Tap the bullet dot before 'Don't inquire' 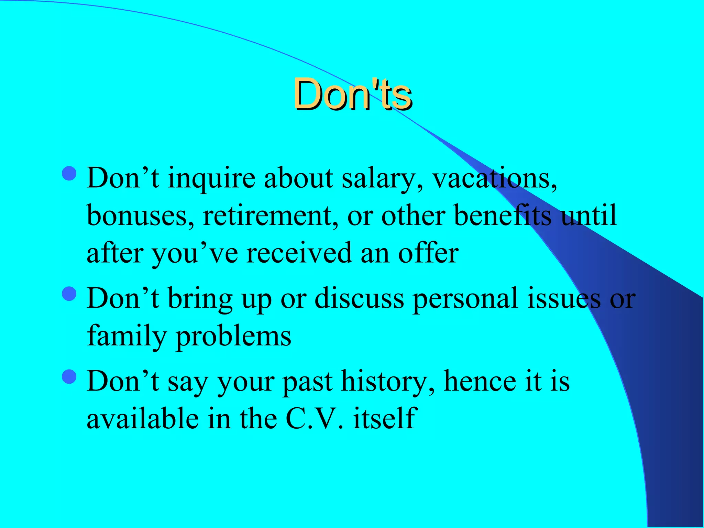(69, 174)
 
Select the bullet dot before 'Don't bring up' (69, 294)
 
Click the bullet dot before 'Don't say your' (69, 376)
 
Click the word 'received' (299, 253)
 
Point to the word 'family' (126, 336)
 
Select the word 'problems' (234, 336)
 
